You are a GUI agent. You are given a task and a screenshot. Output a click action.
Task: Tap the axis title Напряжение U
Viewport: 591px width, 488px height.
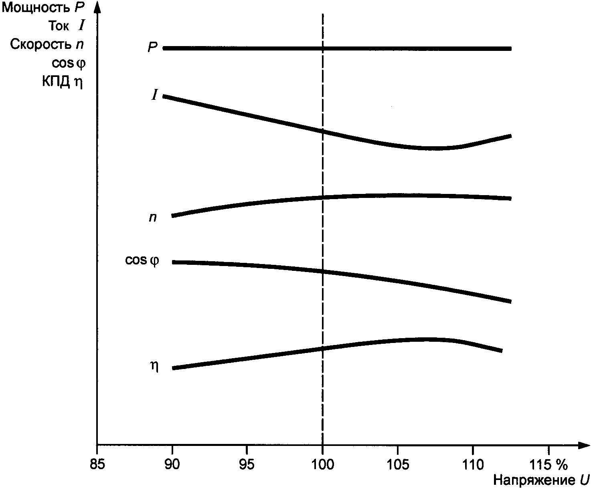(x=541, y=480)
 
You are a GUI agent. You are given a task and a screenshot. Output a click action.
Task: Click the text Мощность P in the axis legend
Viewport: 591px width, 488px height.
(x=44, y=8)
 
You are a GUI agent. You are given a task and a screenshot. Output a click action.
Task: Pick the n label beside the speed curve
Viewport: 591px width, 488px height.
(x=153, y=218)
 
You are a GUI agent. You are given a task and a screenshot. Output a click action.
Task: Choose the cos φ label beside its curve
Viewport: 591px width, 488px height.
(x=142, y=260)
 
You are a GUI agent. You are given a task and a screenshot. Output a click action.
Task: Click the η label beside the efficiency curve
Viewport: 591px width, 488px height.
(x=154, y=367)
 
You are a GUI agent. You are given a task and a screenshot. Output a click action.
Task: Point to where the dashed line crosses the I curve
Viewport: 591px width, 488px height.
(x=322, y=131)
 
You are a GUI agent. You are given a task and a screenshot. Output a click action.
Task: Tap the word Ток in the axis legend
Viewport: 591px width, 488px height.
(x=59, y=26)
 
